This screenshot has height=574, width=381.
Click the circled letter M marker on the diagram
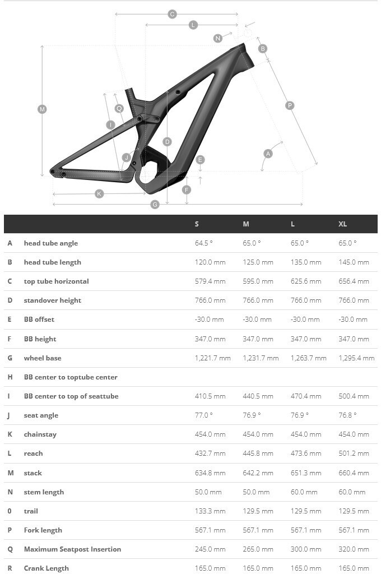coord(42,109)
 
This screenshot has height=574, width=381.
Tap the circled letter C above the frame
coord(172,14)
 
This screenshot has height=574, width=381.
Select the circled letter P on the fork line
coord(290,105)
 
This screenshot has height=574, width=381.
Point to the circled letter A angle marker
coord(268,154)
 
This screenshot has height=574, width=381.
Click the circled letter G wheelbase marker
coord(155,205)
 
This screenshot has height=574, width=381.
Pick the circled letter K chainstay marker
coord(99,194)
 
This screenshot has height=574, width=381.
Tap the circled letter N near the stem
coord(218,38)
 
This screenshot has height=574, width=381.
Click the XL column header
coord(343,224)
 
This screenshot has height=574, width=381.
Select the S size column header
coord(197,224)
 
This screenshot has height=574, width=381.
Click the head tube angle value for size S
coord(204,243)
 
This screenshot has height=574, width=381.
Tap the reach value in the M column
coord(258,453)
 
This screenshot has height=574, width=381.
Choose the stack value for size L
coord(306,473)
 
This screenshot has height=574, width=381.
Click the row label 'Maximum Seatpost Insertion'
coord(72,549)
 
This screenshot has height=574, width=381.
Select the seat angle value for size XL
coord(347,415)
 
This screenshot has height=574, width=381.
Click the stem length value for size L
coord(304,492)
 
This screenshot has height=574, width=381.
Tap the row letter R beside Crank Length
coord(10,568)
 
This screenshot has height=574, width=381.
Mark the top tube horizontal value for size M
coord(258,281)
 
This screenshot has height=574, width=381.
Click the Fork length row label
coord(43,530)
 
